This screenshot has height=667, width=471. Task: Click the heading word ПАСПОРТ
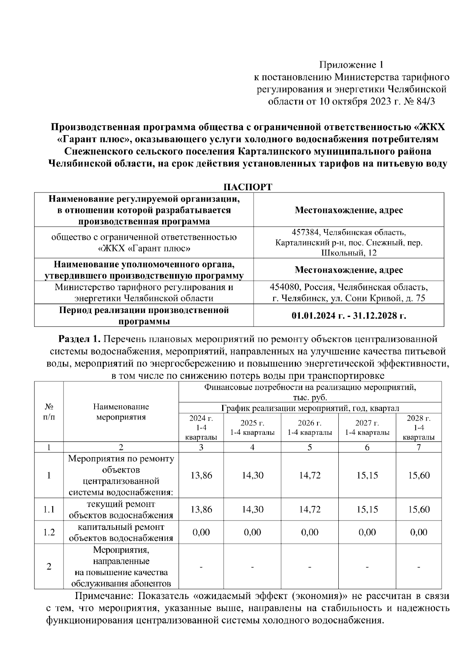[247, 187]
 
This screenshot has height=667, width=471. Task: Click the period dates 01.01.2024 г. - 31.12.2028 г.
[349, 316]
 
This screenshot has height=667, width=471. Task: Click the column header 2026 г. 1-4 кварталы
[310, 428]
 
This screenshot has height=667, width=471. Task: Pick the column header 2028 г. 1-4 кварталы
[418, 428]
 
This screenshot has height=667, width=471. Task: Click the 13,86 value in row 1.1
[201, 509]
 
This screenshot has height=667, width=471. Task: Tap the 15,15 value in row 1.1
[367, 509]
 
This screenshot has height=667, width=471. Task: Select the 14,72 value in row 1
[310, 475]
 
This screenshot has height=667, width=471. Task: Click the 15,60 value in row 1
[418, 475]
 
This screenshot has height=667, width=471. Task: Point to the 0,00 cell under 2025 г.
[252, 532]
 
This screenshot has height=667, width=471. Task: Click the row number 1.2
[49, 532]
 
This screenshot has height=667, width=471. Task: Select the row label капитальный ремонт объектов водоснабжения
[121, 532]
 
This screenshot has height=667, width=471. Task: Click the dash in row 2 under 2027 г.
[367, 567]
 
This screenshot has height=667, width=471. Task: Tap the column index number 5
[310, 447]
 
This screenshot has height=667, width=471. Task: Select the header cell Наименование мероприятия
[121, 412]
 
